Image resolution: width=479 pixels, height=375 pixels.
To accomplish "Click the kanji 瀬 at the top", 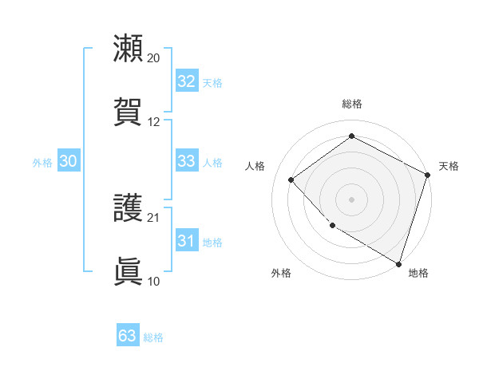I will pos(129,49).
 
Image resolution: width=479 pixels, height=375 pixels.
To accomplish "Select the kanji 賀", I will pos(129,111).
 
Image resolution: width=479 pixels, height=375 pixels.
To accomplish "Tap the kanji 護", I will pos(129,208).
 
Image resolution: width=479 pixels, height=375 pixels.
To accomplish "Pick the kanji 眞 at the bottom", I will pos(129,270).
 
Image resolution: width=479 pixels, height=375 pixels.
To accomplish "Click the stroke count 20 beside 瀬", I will pos(154,58).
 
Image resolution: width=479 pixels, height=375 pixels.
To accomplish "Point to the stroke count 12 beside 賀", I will pos(154,121).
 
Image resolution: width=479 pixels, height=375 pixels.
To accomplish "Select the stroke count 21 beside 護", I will pos(154,217).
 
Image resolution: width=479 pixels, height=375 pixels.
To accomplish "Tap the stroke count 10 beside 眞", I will pos(154,281).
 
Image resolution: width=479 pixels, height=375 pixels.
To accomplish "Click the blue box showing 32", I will pos(186,81).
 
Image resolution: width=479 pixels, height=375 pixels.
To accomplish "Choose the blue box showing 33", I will pos(186,161).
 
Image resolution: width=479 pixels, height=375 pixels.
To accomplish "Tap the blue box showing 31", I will pos(186,241).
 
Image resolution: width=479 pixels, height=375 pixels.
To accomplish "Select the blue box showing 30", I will pos(68,161).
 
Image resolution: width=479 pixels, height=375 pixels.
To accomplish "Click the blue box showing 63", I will pos(127,336).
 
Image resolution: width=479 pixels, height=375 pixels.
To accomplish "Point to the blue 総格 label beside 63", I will pos(153,337).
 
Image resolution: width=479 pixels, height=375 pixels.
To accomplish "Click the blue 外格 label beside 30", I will pos(42,163).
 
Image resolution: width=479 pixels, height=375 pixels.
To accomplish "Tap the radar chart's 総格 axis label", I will pos(351,104).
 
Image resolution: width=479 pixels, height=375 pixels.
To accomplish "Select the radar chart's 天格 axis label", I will pos(449,166).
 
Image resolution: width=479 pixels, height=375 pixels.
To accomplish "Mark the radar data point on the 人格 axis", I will pos(291,180).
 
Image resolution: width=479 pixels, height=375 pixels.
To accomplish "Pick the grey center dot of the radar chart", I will pos(351,199).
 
